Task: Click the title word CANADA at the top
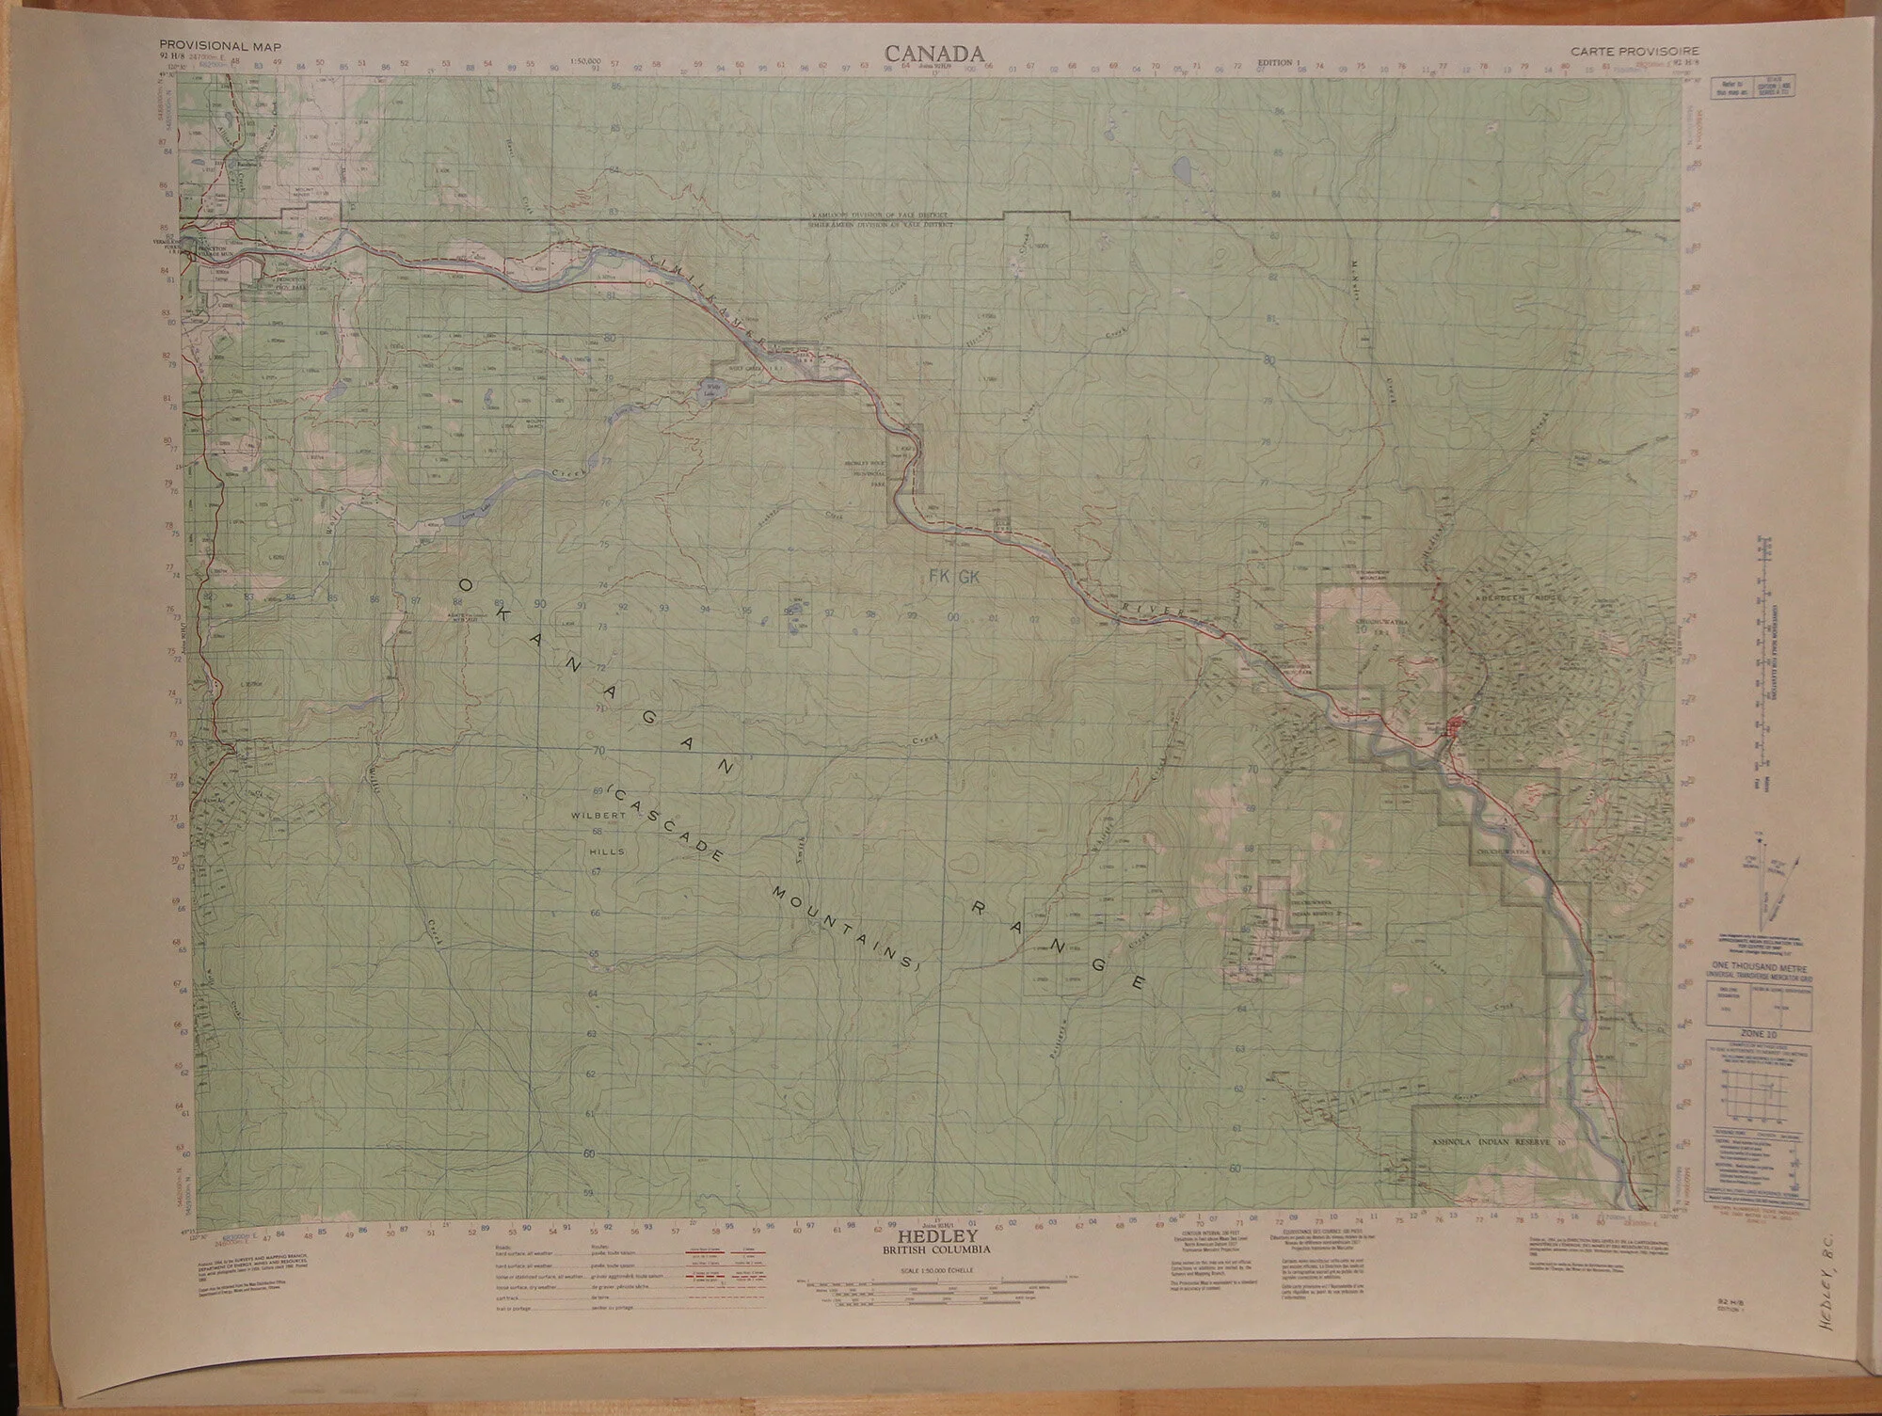pyautogui.click(x=933, y=53)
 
